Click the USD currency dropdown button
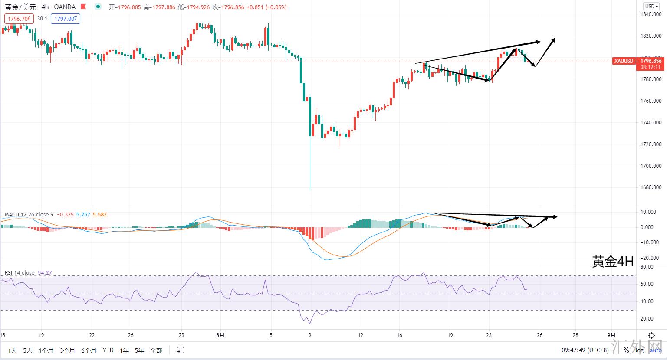click(651, 6)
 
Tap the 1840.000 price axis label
click(651, 14)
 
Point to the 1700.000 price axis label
click(651, 166)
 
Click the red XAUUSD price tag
click(624, 61)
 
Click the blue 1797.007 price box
click(65, 19)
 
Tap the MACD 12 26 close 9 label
click(29, 214)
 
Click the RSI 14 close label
click(20, 272)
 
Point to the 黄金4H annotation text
click(613, 261)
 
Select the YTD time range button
click(108, 350)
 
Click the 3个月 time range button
click(67, 350)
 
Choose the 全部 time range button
click(156, 350)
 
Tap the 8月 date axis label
click(220, 335)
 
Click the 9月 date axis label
click(611, 335)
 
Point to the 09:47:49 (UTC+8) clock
click(584, 350)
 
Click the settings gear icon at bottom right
click(651, 335)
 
